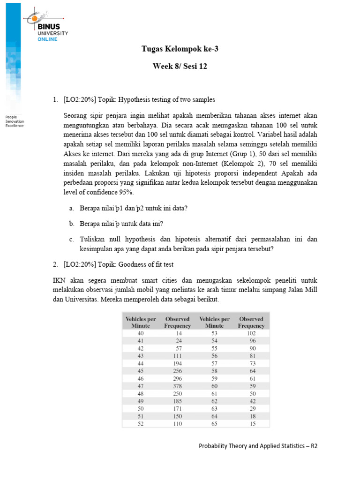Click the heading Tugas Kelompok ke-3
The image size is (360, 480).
(x=180, y=49)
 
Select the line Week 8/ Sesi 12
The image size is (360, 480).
(x=180, y=67)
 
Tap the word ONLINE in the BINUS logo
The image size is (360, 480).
(x=47, y=39)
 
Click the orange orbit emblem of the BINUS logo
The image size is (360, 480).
(x=34, y=18)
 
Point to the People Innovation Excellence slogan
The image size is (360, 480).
(x=15, y=121)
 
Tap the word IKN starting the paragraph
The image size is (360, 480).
(x=58, y=280)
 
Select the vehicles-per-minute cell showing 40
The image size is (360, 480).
(x=141, y=333)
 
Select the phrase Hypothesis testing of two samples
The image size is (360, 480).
(x=166, y=100)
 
